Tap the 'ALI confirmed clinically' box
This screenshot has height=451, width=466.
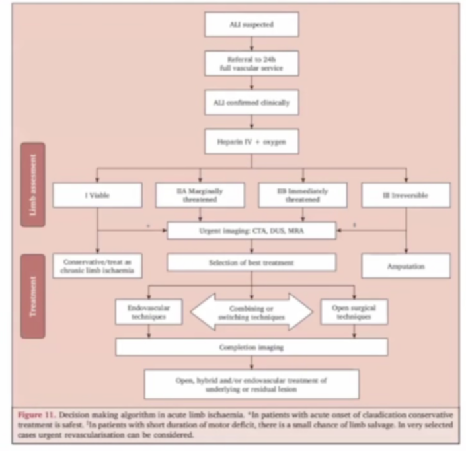pos(251,102)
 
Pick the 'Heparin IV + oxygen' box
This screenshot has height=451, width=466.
pos(251,142)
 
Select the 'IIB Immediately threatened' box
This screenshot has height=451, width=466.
pos(302,195)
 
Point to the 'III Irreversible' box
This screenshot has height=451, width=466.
pos(406,195)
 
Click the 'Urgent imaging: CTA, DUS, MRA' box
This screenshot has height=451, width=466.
pos(251,230)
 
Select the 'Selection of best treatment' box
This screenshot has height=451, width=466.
pos(251,262)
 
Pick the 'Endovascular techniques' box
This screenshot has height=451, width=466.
pos(149,312)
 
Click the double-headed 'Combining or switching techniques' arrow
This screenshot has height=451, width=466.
pos(251,312)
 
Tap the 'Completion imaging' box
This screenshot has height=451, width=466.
pos(251,347)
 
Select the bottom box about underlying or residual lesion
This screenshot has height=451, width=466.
pos(251,384)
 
